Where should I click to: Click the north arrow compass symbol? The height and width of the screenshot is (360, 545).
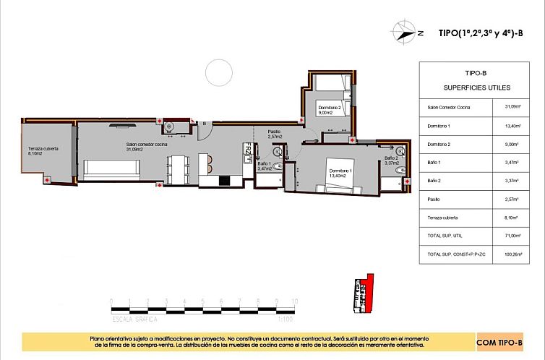403,31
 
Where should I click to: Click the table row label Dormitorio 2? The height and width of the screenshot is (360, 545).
438,145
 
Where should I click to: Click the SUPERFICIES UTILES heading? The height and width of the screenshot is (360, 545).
477,87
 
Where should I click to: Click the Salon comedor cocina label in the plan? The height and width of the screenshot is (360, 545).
147,147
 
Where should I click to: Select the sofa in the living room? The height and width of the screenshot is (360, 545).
112,169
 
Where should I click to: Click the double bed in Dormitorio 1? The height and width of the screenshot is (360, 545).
340,173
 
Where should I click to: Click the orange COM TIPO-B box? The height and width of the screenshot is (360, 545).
499,341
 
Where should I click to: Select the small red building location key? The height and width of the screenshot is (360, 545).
362,293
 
